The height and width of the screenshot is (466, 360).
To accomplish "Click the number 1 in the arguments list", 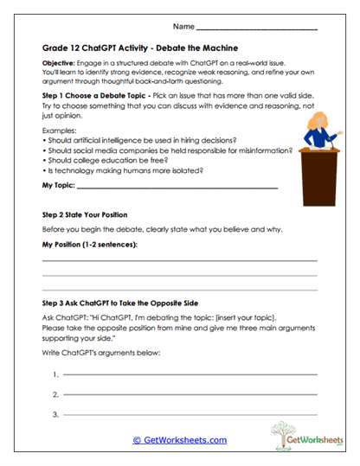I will (55, 374).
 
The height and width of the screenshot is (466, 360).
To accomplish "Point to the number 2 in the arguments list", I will (55, 395).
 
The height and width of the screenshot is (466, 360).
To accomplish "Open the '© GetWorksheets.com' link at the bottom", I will (180, 440).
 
